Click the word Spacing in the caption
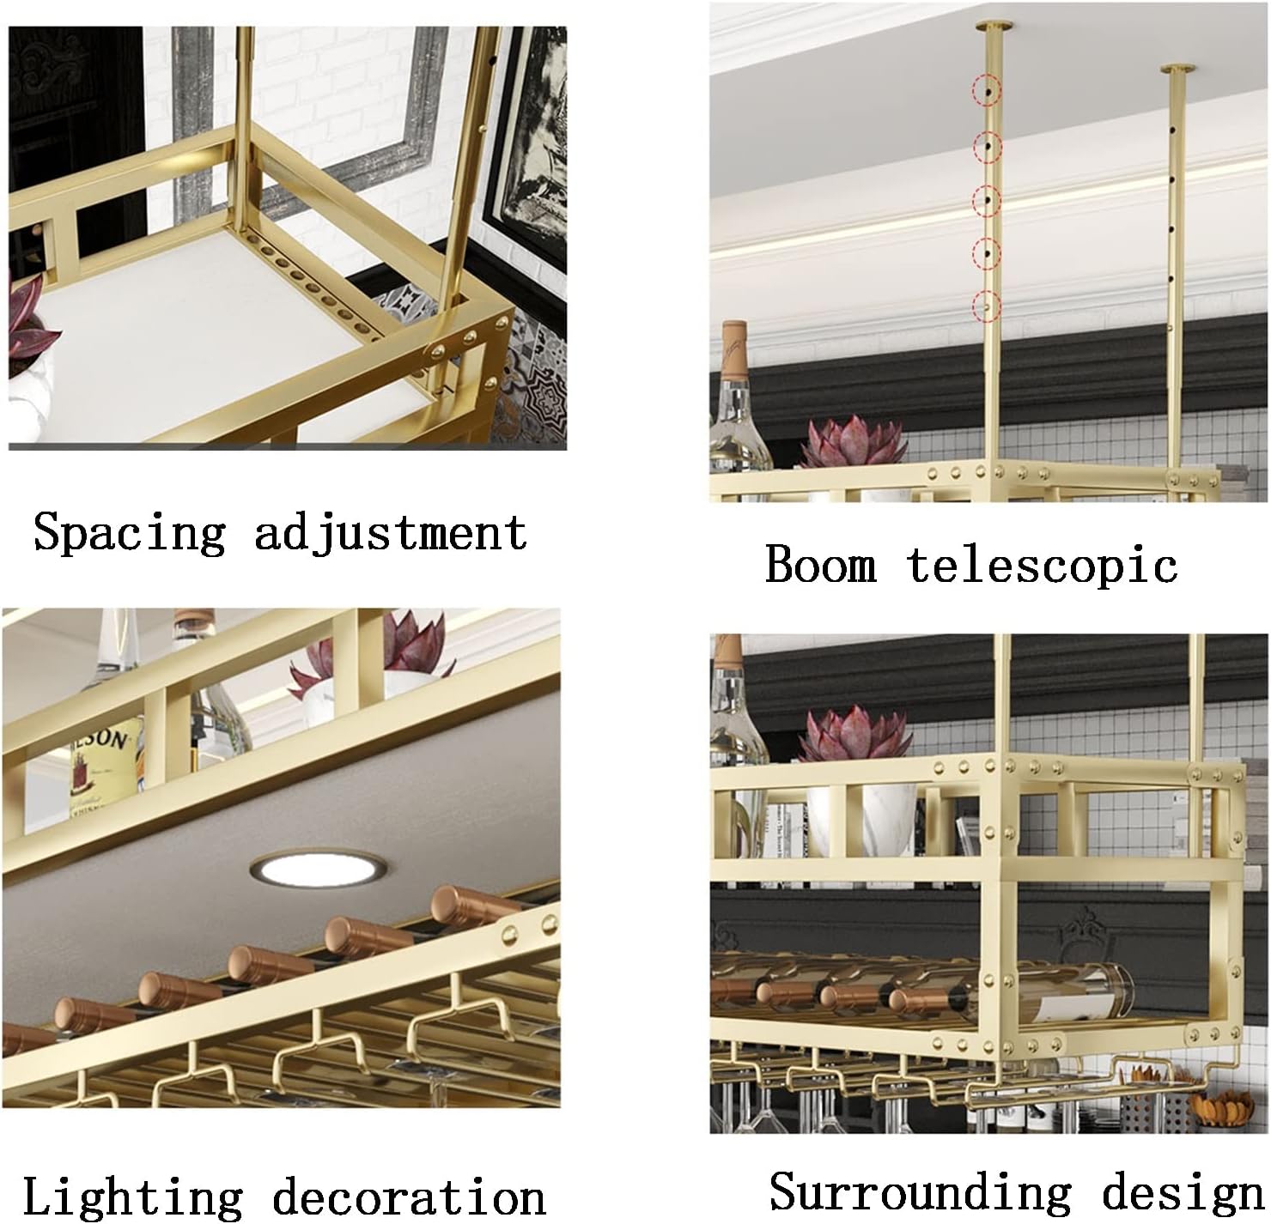[x=129, y=532]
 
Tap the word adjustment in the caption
[x=390, y=532]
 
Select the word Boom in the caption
[x=820, y=565]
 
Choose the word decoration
[x=409, y=1196]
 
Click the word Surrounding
[x=920, y=1191]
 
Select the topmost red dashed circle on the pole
[x=988, y=89]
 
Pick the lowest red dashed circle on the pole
[x=988, y=305]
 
